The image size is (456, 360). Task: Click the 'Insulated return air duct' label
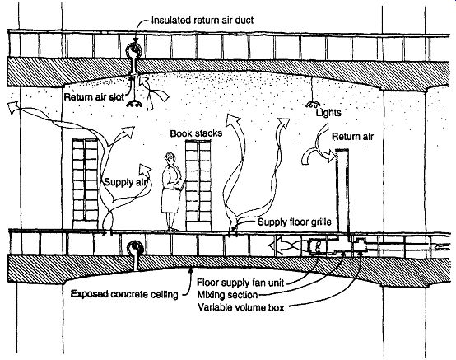202,21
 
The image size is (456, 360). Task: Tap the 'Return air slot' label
94,97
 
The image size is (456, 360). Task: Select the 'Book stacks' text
196,133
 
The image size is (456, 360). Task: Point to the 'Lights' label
328,113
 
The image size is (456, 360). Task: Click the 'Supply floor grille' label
295,222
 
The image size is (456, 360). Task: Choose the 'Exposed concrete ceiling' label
124,294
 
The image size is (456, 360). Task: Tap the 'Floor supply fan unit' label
240,283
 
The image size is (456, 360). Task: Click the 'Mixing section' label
228,295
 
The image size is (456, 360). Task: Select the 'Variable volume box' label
241,307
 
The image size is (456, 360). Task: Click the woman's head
170,158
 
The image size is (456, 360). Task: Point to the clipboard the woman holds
181,184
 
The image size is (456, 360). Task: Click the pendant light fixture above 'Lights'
313,104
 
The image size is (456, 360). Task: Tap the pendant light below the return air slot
134,104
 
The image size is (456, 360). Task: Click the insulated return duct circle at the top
134,50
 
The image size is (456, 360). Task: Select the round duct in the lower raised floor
135,248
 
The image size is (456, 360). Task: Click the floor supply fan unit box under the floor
319,246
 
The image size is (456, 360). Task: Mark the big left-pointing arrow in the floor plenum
289,245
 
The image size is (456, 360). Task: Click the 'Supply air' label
125,183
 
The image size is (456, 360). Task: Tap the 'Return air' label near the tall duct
354,137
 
